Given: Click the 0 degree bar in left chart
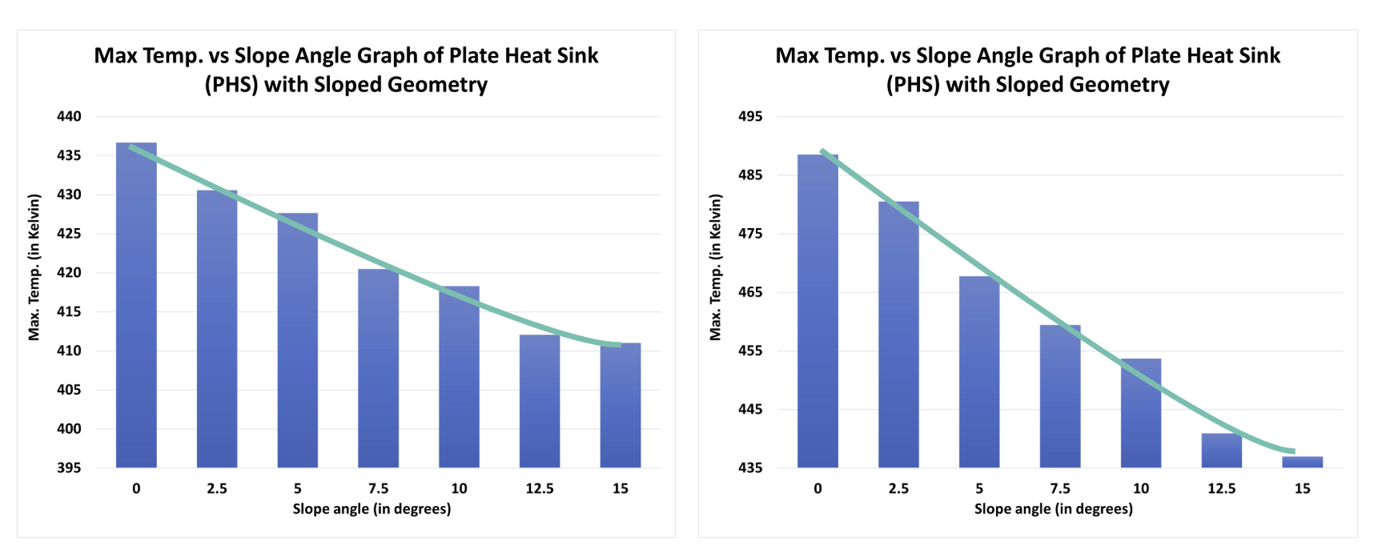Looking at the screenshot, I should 136,305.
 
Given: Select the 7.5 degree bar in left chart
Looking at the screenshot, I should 378,368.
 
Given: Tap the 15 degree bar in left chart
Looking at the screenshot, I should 621,405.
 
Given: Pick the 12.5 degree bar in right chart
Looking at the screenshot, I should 1221,451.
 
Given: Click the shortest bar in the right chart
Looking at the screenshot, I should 1302,462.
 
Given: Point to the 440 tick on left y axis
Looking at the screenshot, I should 69,117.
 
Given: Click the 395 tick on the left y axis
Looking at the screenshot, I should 69,468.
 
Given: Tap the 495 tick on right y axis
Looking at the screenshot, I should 750,117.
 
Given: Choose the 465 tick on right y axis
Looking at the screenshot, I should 750,292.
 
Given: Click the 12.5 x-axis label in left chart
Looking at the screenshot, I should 540,488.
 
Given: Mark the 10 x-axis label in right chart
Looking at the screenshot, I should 1140,488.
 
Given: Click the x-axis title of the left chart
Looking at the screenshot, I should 372,509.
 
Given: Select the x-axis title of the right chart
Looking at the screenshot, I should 1053,509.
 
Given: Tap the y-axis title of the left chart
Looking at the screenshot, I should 34,267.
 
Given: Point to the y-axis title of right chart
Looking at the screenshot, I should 716,267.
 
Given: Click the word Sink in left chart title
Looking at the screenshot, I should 574,55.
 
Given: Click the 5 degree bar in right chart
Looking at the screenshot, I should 979,371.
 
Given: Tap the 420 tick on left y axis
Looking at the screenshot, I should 69,273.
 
